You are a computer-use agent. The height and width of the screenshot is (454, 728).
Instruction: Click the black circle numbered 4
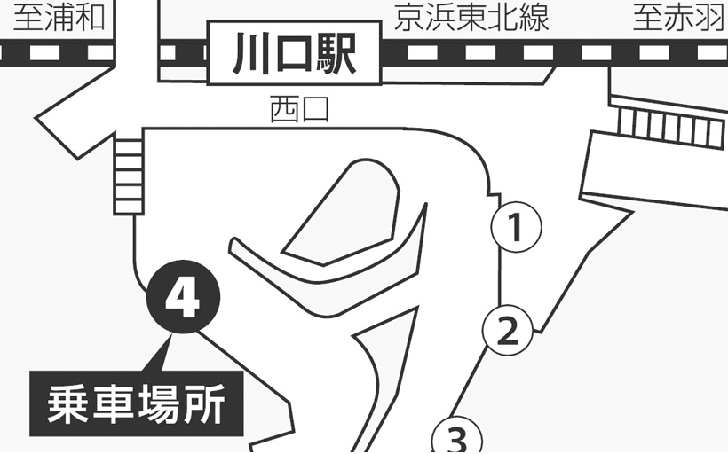(x=184, y=297)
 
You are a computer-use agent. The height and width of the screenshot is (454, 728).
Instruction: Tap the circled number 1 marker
(x=517, y=227)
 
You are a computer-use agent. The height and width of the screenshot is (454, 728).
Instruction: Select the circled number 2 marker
(x=508, y=331)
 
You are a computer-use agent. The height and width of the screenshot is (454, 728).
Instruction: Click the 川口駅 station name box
(x=295, y=52)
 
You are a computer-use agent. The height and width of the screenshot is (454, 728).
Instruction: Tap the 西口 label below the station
(x=299, y=109)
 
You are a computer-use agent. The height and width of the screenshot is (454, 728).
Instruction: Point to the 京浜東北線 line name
(x=471, y=18)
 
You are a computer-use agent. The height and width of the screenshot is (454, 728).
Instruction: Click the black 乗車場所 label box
(x=137, y=403)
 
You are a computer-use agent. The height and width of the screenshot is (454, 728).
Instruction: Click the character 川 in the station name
(x=250, y=53)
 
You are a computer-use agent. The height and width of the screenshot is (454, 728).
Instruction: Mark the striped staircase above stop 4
(x=129, y=177)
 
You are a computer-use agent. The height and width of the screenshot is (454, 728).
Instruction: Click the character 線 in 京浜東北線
(x=534, y=18)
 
